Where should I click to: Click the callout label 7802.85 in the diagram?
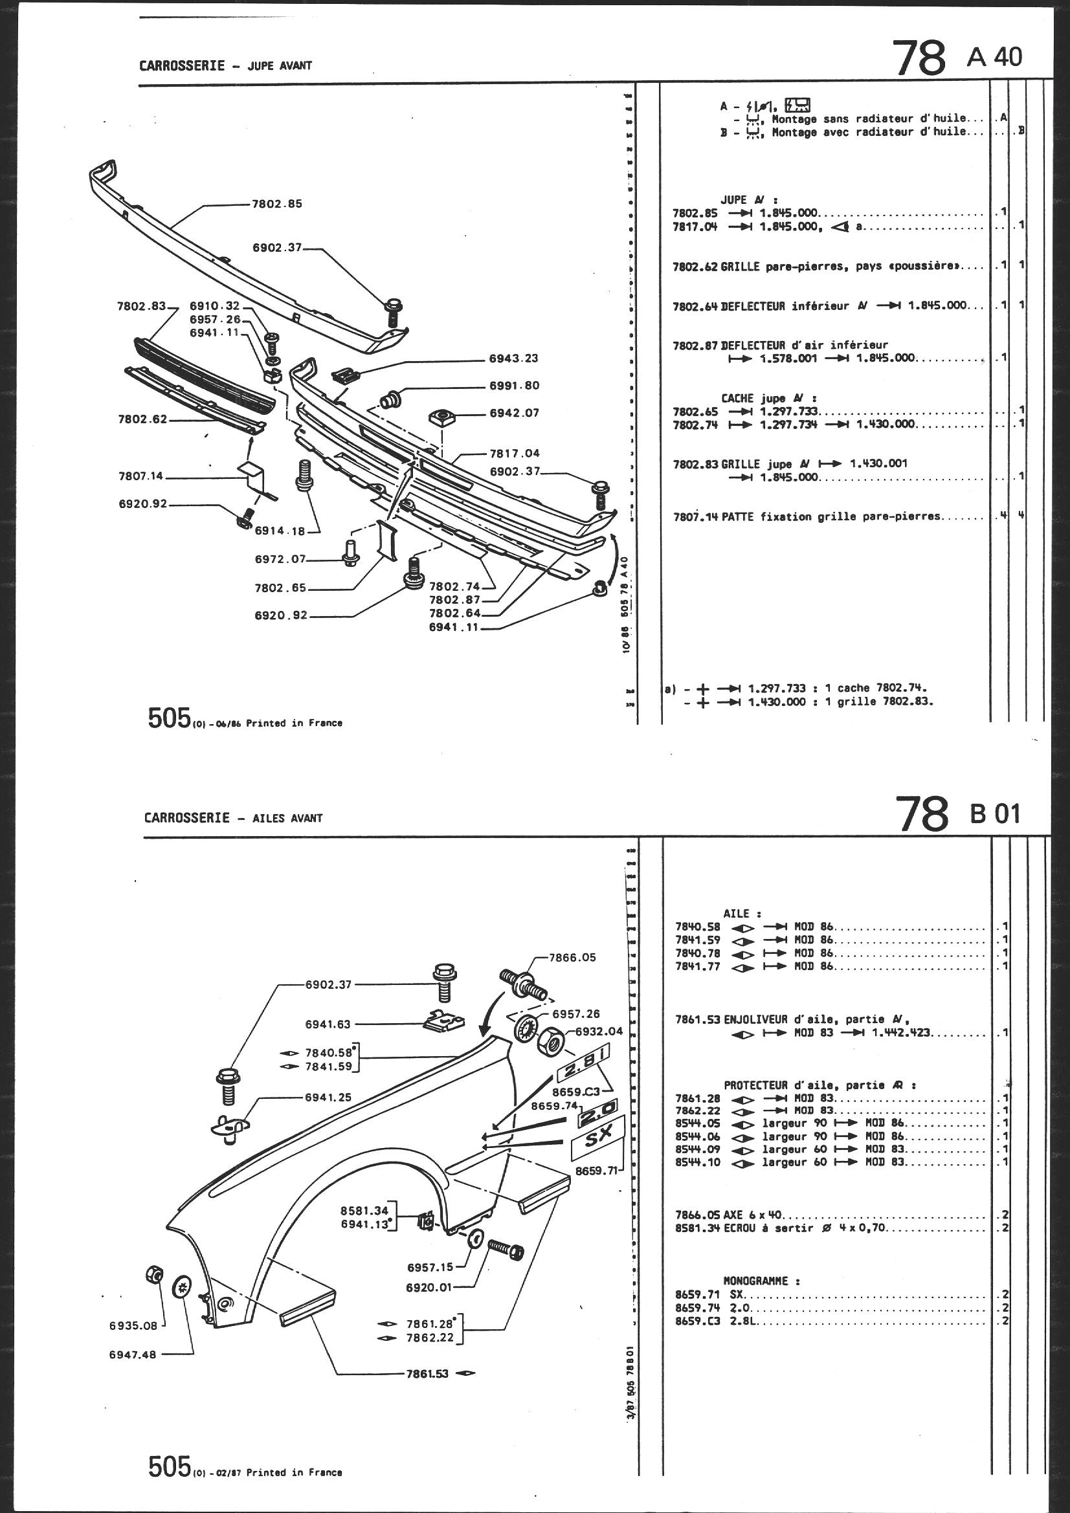tap(277, 204)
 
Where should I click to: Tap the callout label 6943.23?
tap(513, 359)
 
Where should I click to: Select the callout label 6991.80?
tap(513, 386)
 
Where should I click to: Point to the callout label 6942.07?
tap(513, 413)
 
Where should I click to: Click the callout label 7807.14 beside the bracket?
tap(140, 476)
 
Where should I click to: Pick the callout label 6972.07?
tap(280, 559)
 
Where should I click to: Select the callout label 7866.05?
tap(572, 958)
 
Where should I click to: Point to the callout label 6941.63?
tap(328, 1024)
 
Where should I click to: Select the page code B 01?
tap(994, 814)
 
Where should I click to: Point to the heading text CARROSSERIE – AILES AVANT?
tap(234, 818)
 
